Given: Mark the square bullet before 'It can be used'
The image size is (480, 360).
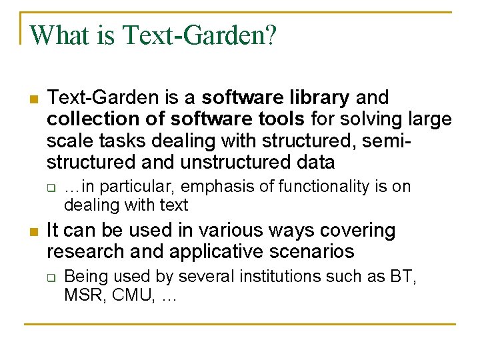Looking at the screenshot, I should (x=33, y=232).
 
